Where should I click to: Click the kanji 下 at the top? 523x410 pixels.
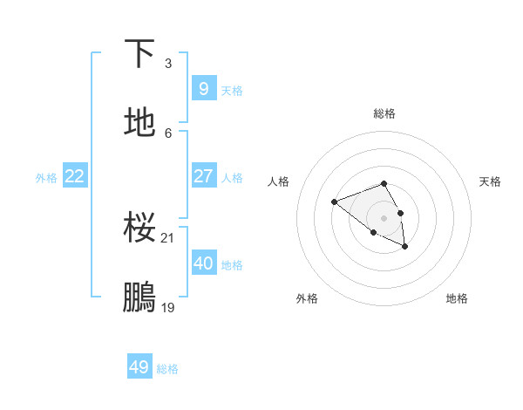click(x=140, y=54)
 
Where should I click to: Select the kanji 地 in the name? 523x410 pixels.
click(x=140, y=123)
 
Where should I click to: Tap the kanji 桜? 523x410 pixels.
click(x=140, y=229)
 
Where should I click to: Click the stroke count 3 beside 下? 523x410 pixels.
click(x=168, y=64)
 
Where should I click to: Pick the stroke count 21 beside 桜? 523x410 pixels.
click(x=169, y=237)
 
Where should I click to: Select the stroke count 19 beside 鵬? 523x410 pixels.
click(x=169, y=307)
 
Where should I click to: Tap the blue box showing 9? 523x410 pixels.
click(x=203, y=88)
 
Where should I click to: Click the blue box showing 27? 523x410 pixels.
click(x=203, y=176)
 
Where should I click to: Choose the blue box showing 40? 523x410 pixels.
click(x=203, y=263)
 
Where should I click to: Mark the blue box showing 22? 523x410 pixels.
click(x=75, y=176)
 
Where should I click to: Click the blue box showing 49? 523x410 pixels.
click(x=139, y=367)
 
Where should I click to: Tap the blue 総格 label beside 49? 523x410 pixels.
click(x=167, y=369)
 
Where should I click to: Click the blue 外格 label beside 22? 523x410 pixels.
click(x=46, y=178)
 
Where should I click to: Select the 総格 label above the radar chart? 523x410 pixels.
click(x=384, y=113)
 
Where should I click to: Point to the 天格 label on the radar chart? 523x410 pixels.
click(x=490, y=181)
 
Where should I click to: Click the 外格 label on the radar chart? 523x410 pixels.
click(x=307, y=298)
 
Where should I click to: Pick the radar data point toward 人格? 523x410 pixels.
click(x=334, y=202)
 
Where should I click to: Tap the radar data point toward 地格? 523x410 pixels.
click(x=405, y=248)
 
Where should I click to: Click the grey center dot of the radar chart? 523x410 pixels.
click(x=384, y=217)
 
